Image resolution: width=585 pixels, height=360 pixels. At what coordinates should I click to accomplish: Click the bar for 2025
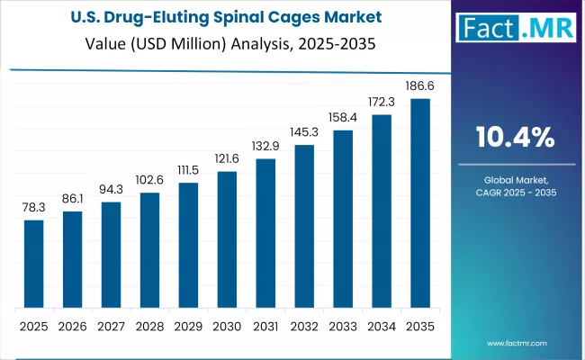(33, 263)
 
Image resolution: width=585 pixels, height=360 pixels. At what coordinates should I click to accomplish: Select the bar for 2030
(227, 238)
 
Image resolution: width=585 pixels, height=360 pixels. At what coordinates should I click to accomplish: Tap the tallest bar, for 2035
(420, 202)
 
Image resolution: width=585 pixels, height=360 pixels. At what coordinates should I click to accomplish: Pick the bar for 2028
(149, 249)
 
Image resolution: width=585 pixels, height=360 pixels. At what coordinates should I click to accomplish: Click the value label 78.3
(33, 207)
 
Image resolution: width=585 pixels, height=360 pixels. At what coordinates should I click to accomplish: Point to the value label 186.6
(420, 86)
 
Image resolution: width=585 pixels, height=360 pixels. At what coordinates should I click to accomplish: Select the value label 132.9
(265, 146)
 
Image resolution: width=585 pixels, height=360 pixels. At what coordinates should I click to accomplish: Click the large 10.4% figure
(515, 137)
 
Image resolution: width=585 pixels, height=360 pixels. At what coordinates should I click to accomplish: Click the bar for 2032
(304, 226)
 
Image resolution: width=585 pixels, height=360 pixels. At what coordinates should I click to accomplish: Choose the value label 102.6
(149, 180)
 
